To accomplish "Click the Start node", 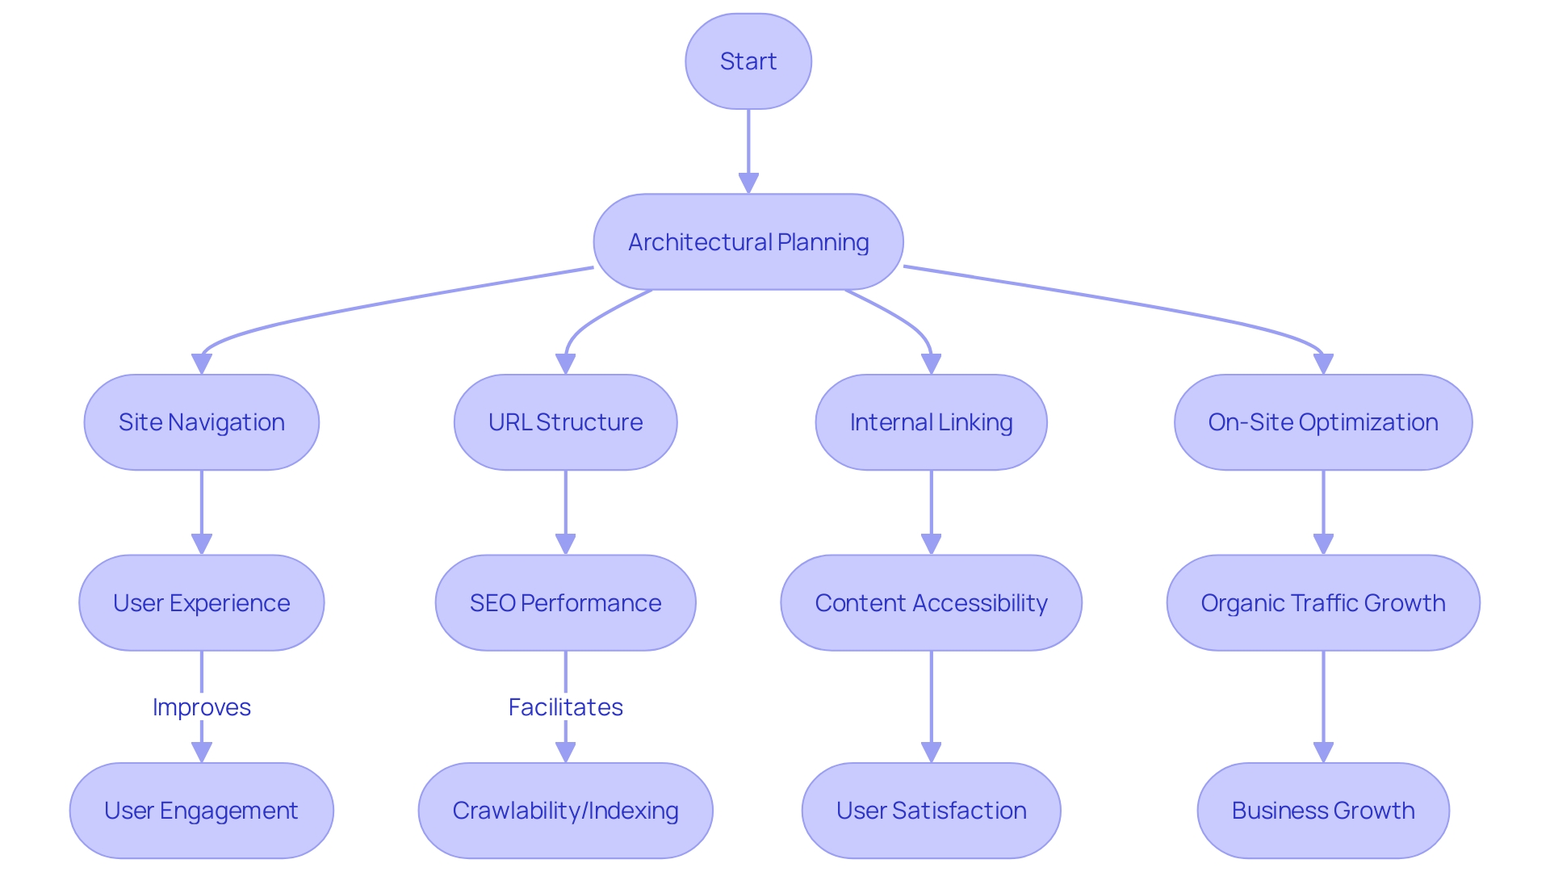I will (x=748, y=61).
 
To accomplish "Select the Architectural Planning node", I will (x=748, y=241).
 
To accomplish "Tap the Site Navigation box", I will (x=202, y=422).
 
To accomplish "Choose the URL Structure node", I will (x=565, y=422).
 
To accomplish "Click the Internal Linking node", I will (x=931, y=422).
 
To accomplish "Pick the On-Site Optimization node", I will (x=1323, y=422).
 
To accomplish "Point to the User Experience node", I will (x=202, y=602).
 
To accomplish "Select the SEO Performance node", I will (x=565, y=602).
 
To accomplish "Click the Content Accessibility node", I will (x=931, y=602).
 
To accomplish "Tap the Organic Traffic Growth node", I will (x=1323, y=602).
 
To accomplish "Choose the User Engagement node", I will (x=202, y=810).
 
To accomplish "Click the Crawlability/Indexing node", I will (x=565, y=810).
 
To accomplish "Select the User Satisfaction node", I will (x=931, y=810).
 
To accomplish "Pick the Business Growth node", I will (x=1323, y=810).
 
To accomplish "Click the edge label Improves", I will (x=202, y=707).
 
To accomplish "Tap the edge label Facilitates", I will (x=565, y=707).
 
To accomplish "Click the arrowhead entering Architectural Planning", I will (x=748, y=183).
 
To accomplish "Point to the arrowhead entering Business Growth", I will (x=1323, y=753).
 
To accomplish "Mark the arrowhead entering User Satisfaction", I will (x=931, y=753).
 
